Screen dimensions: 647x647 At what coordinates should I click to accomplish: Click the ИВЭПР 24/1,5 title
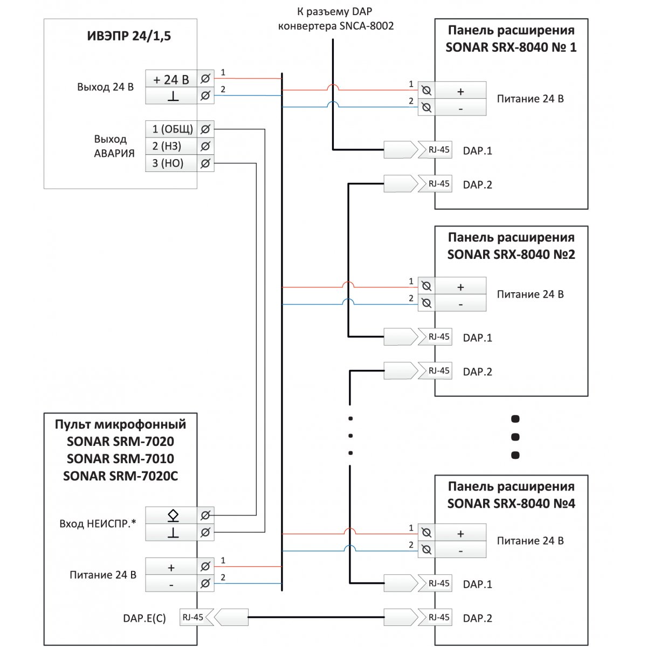(129, 36)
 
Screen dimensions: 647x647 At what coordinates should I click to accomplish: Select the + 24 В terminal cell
(171, 79)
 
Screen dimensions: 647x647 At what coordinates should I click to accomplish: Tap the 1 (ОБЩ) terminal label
(173, 129)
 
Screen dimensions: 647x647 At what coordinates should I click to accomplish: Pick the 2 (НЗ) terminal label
(167, 146)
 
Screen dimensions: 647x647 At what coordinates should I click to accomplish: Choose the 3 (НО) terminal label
(168, 163)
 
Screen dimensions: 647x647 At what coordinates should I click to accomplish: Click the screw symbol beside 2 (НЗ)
(205, 146)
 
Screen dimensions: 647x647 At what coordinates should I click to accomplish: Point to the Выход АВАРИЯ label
(114, 146)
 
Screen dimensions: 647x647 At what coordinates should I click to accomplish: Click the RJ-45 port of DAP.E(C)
(196, 617)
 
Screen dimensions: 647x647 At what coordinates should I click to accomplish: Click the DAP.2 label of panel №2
(477, 371)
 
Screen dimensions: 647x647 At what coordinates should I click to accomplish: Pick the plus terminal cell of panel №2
(460, 287)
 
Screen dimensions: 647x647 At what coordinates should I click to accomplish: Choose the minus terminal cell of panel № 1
(460, 108)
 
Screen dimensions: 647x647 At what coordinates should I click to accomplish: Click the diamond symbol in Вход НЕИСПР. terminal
(173, 515)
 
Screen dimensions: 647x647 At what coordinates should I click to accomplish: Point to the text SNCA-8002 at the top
(366, 26)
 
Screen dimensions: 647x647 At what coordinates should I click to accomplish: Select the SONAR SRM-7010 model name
(120, 459)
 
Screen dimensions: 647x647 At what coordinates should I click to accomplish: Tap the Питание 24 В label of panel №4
(530, 541)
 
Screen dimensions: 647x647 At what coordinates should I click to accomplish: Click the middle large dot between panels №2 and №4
(515, 437)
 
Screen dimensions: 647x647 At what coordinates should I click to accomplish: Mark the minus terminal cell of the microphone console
(171, 584)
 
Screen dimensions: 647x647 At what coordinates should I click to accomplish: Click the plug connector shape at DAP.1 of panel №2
(401, 337)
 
